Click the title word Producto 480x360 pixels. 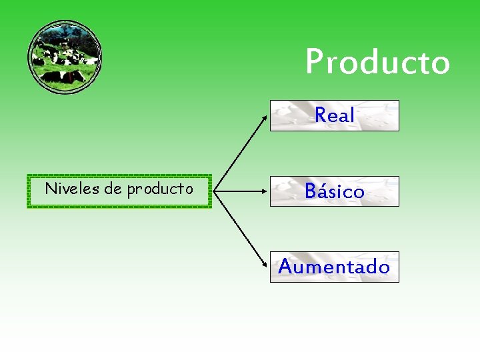point(377,62)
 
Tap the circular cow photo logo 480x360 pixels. point(65,56)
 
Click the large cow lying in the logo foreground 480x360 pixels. point(63,76)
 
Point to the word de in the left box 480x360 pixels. point(109,189)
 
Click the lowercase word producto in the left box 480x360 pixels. point(160,189)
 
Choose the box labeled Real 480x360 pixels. point(334,115)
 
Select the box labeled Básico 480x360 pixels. point(334,191)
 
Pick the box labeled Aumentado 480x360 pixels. point(334,267)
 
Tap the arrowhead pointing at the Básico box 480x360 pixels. point(265,191)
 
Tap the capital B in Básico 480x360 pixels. point(311,191)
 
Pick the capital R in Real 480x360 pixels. point(321,115)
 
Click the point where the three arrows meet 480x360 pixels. point(215,191)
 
